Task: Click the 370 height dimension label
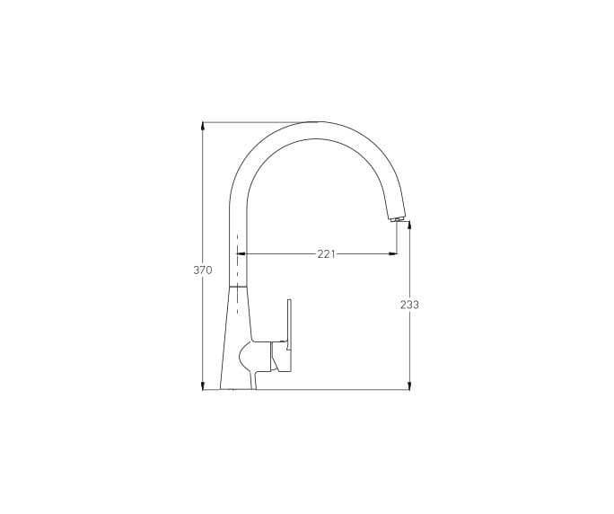(203, 270)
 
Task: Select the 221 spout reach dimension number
(326, 254)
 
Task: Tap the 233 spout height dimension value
(409, 305)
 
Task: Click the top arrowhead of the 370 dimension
(203, 126)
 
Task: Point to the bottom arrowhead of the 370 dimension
(203, 386)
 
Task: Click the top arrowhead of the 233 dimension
(409, 225)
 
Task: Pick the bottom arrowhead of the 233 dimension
(409, 386)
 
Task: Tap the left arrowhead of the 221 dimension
(241, 254)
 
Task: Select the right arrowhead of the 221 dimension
(393, 254)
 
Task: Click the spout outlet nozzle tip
(397, 218)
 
